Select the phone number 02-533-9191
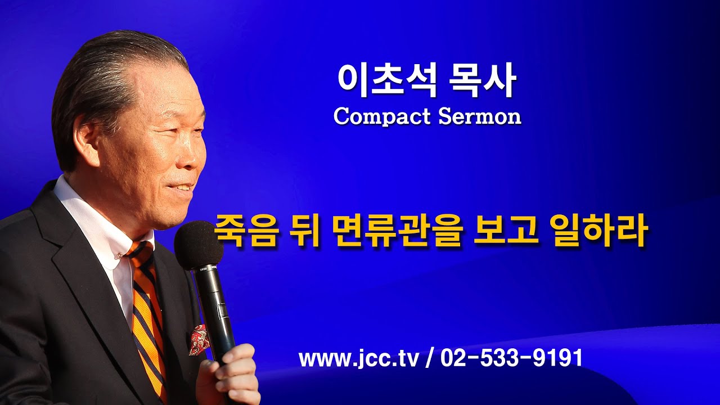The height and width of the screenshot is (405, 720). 511,358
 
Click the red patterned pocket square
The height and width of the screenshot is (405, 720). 200,339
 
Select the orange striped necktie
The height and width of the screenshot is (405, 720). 148,315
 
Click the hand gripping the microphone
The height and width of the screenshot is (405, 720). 231,374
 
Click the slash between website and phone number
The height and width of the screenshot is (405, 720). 430,358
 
